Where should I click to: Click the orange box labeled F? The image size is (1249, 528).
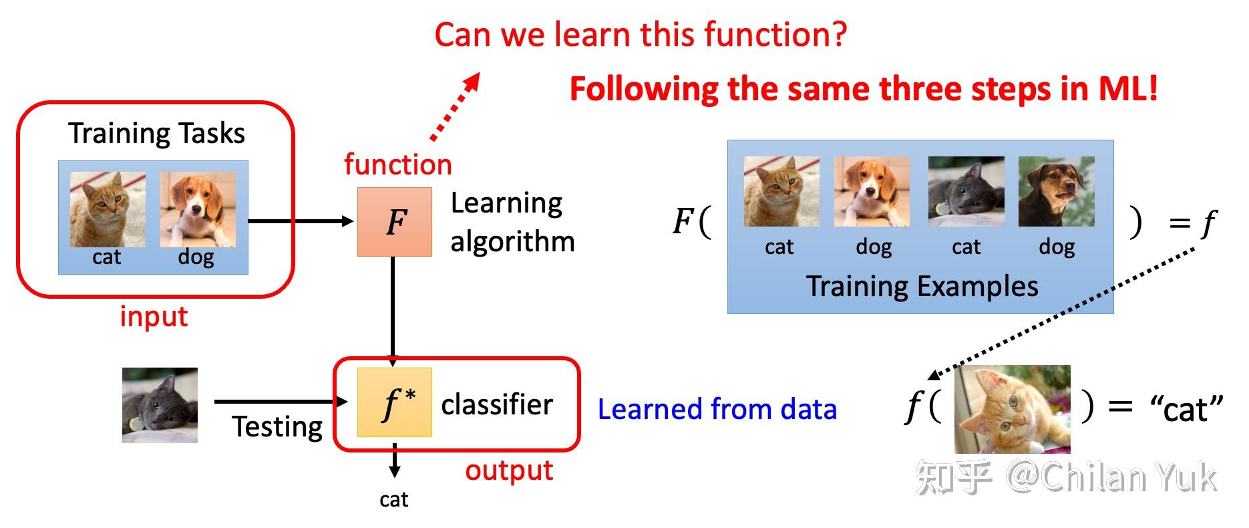394,222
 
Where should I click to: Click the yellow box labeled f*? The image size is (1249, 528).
394,402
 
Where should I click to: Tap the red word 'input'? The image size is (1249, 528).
154,316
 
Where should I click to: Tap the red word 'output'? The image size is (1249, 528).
509,471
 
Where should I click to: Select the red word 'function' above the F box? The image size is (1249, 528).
398,164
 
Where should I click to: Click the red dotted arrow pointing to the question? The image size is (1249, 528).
456,107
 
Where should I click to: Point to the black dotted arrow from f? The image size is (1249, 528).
1062,311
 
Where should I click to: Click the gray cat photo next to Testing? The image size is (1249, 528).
160,405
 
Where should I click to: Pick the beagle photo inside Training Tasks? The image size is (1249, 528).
198,209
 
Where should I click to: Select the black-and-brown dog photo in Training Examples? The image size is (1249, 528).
1056,192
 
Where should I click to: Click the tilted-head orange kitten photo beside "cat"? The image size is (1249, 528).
1012,409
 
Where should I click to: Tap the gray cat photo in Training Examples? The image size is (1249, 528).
966,192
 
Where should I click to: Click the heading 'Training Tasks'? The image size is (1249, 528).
156,134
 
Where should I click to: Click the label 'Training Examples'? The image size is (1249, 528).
922,286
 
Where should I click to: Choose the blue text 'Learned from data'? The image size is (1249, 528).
717,409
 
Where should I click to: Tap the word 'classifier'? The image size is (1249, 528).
497,405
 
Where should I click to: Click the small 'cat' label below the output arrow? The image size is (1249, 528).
393,499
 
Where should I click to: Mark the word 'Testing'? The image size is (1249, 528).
277,426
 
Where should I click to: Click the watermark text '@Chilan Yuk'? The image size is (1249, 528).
1111,477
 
